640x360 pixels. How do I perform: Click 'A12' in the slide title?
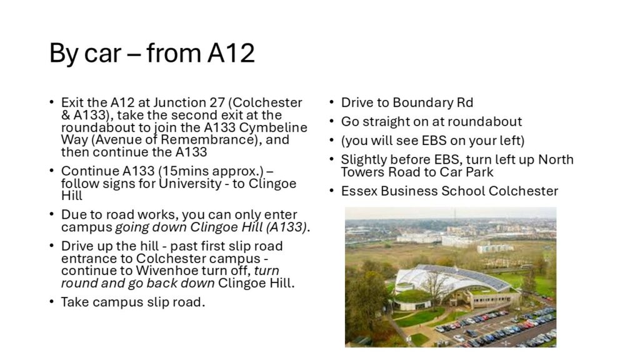(x=231, y=53)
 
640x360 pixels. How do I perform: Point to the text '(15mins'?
(x=183, y=171)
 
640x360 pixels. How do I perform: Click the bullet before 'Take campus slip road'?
(x=51, y=302)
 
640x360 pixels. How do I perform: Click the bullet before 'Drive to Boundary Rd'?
(x=332, y=102)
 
